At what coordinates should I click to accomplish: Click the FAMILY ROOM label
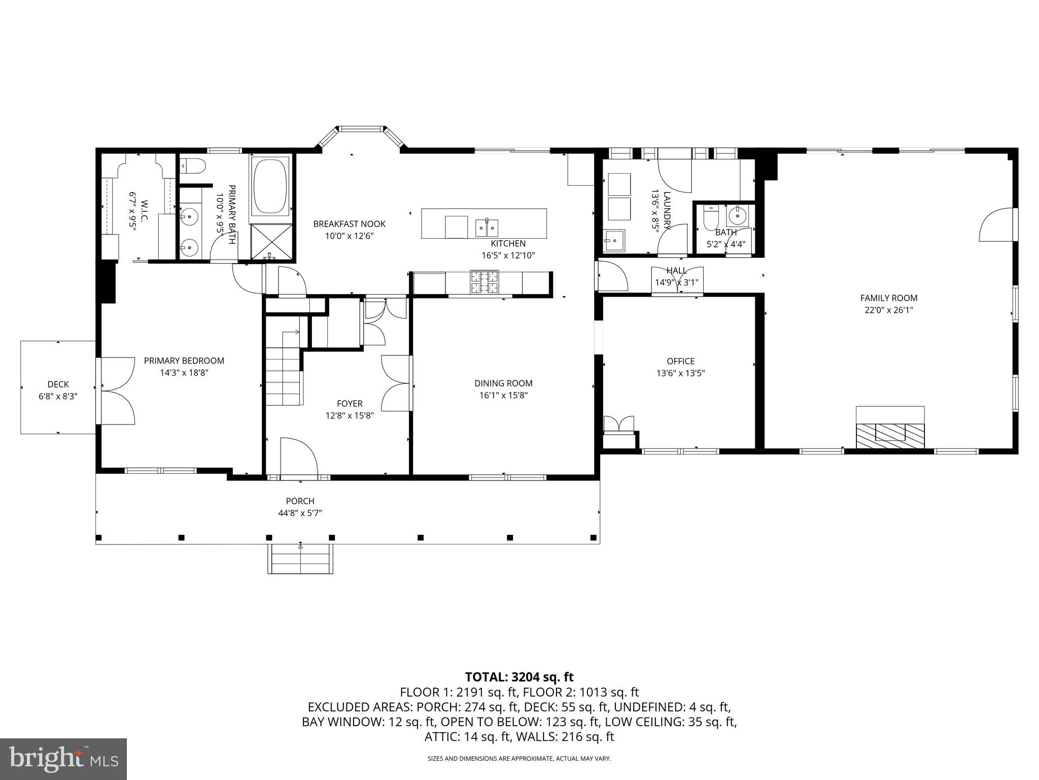pyautogui.click(x=888, y=298)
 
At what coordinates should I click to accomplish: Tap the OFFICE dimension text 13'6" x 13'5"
pyautogui.click(x=680, y=373)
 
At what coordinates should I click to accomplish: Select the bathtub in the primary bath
pyautogui.click(x=270, y=186)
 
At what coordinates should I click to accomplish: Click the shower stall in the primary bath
pyautogui.click(x=271, y=242)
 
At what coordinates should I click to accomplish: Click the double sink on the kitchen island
pyautogui.click(x=487, y=228)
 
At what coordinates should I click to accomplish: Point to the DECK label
pyautogui.click(x=58, y=384)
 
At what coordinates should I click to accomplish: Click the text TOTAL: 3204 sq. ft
pyautogui.click(x=519, y=677)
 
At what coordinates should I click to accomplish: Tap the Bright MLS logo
pyautogui.click(x=63, y=759)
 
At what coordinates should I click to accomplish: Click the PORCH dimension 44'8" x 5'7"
pyautogui.click(x=300, y=513)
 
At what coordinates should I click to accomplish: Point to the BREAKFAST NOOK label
pyautogui.click(x=349, y=224)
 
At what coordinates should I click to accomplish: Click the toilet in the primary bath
pyautogui.click(x=193, y=165)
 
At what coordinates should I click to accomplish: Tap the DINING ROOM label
pyautogui.click(x=503, y=383)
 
